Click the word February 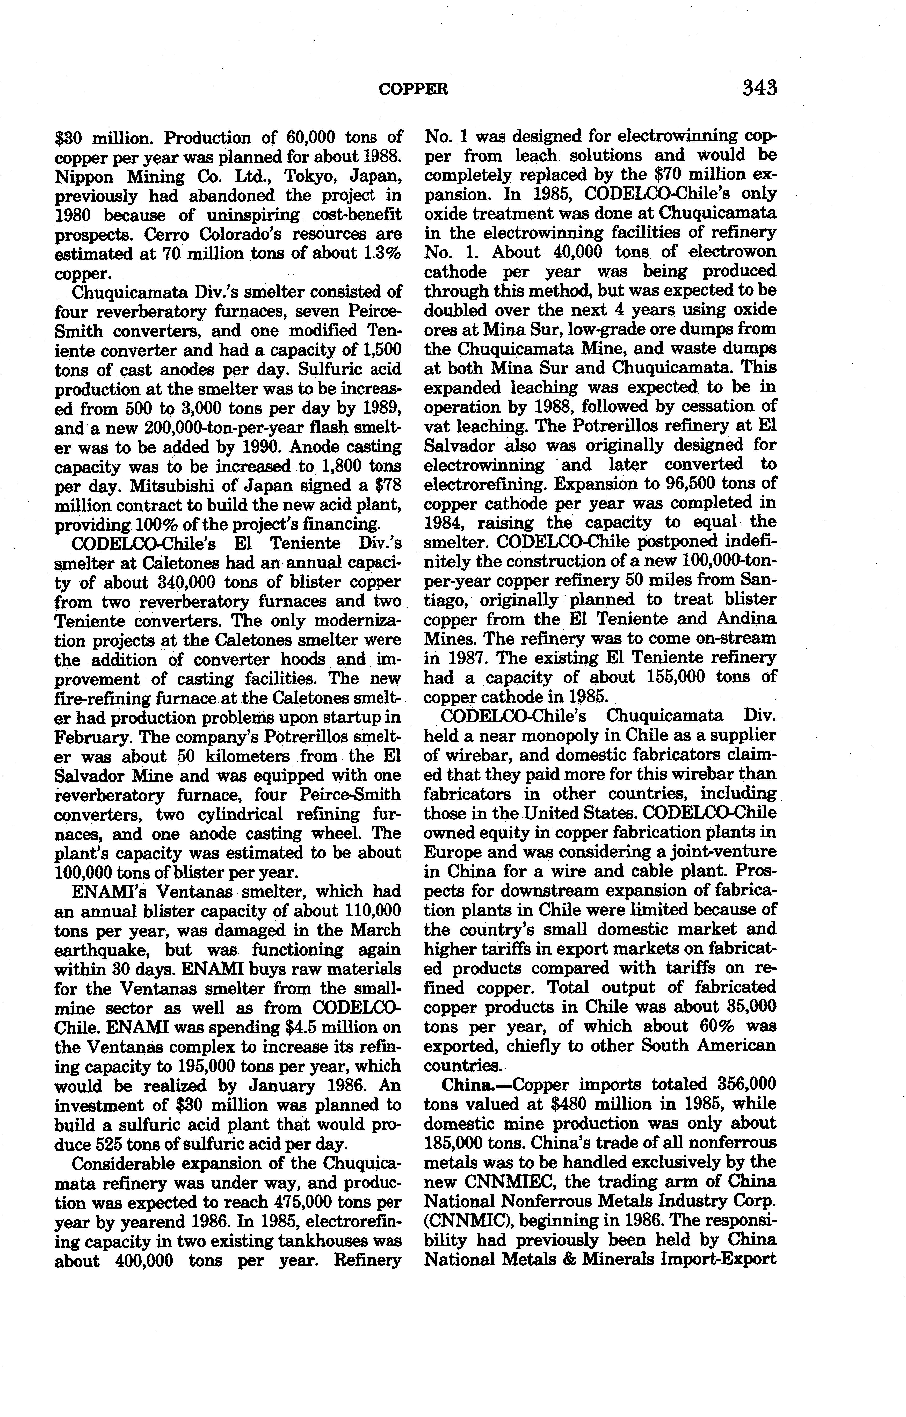point(93,737)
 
